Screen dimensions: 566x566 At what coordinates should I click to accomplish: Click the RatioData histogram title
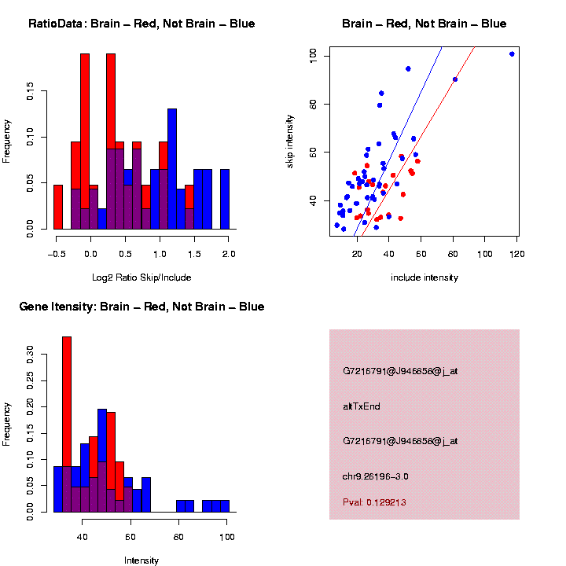point(141,24)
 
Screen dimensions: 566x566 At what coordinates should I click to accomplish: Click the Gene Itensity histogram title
point(141,307)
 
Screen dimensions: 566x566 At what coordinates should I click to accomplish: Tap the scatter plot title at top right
point(424,24)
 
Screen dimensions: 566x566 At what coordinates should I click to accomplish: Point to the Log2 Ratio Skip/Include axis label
point(141,277)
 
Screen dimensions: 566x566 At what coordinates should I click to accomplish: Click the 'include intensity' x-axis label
point(424,277)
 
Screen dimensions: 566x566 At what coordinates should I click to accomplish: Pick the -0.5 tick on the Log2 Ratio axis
point(55,255)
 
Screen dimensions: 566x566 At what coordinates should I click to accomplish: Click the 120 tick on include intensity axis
point(517,255)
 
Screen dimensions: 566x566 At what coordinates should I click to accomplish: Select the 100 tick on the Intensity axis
point(227,538)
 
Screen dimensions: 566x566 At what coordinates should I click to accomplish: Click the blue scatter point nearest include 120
point(512,54)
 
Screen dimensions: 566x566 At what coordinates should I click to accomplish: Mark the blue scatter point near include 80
point(455,79)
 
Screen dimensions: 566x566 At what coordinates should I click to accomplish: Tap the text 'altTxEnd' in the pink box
point(362,406)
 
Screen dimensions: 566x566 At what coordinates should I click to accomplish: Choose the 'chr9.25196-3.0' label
point(376,476)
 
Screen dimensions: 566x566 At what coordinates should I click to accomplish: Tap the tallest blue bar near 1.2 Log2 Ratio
point(172,169)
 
